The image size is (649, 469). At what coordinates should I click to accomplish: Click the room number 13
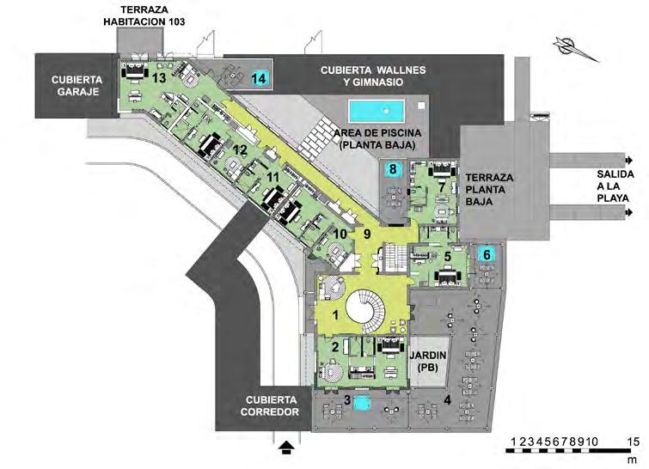[x=158, y=76]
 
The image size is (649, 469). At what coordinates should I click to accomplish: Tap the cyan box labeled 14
[x=260, y=78]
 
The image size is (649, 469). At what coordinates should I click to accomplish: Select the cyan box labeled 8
[x=393, y=170]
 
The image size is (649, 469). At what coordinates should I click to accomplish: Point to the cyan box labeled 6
[x=486, y=254]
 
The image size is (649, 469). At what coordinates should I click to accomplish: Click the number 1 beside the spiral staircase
[x=334, y=315]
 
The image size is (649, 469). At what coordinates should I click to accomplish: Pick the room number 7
[x=442, y=186]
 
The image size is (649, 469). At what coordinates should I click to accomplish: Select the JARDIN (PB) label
[x=427, y=360]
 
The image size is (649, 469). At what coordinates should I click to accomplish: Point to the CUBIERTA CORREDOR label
[x=271, y=405]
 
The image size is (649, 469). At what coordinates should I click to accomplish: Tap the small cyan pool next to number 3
[x=362, y=402]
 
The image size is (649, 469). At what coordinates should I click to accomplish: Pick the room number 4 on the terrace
[x=447, y=399]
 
